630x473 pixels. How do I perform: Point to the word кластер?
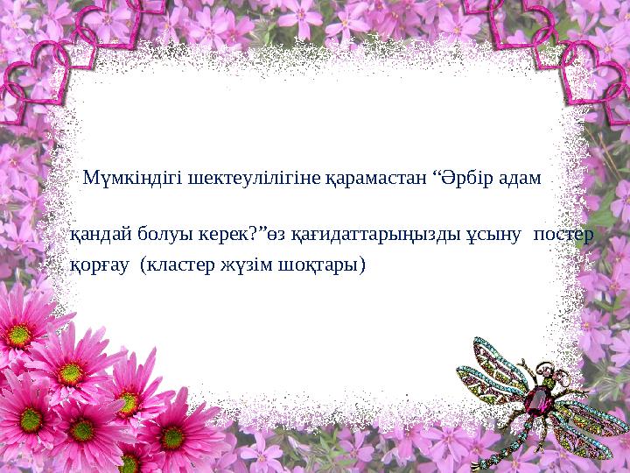pyautogui.click(x=173, y=264)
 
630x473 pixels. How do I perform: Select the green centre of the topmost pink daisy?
pyautogui.click(x=20, y=334)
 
